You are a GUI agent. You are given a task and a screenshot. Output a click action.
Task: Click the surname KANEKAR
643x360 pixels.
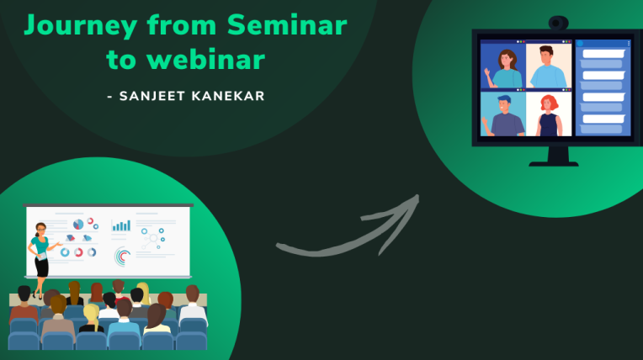tap(230, 96)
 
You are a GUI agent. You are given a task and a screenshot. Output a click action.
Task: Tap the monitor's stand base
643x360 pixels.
tap(553, 161)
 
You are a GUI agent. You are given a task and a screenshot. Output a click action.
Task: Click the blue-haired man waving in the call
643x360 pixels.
tap(504, 114)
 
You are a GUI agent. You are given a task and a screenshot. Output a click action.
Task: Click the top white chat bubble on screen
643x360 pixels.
tap(602, 54)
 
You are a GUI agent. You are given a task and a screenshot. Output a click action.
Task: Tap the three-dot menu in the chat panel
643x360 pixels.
tap(627, 43)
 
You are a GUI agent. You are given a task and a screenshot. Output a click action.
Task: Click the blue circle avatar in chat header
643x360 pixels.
tap(581, 43)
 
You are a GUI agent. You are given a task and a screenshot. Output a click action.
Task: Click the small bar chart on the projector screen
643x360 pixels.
tap(122, 225)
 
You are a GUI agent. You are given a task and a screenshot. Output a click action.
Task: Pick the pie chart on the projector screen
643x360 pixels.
tap(79, 225)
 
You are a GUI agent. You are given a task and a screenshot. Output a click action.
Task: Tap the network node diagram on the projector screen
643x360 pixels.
tap(151, 239)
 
